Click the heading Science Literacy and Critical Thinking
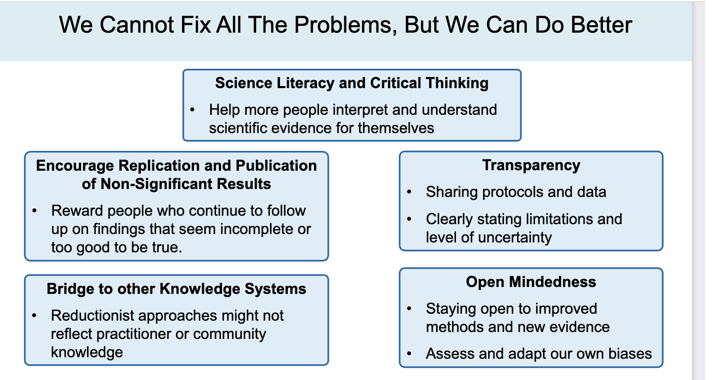click(352, 83)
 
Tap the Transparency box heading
click(531, 165)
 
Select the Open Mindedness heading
click(531, 282)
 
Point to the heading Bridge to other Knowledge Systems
click(177, 288)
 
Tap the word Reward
click(77, 210)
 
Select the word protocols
click(502, 191)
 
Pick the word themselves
click(396, 128)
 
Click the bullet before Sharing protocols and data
click(409, 191)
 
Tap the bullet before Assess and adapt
click(409, 354)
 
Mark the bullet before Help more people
click(192, 109)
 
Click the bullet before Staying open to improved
click(409, 309)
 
